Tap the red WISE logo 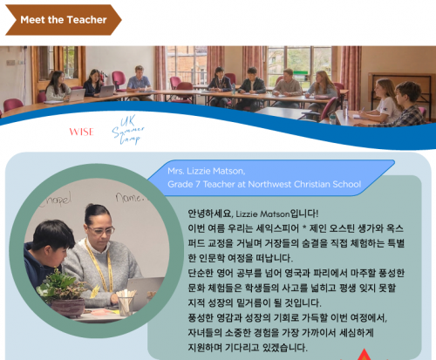click(x=82, y=132)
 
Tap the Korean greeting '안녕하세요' click(x=210, y=214)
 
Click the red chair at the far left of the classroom click(x=13, y=105)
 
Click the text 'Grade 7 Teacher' click(x=201, y=184)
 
